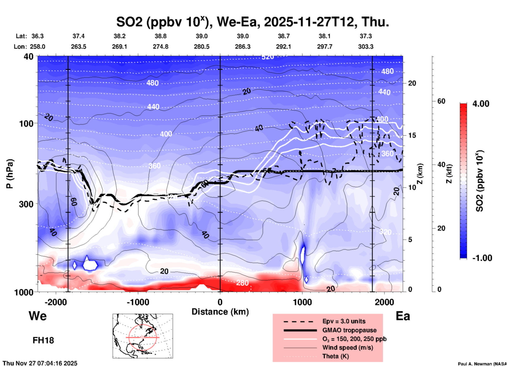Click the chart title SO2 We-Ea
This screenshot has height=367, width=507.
point(252,22)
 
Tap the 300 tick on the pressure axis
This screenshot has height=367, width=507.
point(26,204)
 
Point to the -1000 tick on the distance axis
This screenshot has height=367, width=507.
point(138,302)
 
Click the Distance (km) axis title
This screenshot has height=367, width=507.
point(220,312)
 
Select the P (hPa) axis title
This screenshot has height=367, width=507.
point(10,174)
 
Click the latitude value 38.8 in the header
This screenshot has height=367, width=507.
point(160,36)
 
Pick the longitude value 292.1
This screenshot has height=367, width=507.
point(284,47)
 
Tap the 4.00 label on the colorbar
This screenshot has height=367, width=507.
point(481,103)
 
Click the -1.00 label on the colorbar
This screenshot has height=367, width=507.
point(482,258)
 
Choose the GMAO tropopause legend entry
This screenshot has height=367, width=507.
point(349,330)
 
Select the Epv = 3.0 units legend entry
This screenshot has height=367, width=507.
point(344,321)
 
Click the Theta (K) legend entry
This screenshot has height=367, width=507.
point(335,356)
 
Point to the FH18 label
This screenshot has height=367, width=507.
point(43,340)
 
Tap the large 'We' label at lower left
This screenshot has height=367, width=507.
point(38,316)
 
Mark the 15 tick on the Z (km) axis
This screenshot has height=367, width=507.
point(412,135)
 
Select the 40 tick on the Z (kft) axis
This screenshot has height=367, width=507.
point(441,165)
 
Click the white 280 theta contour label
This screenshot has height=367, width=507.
point(242,283)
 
